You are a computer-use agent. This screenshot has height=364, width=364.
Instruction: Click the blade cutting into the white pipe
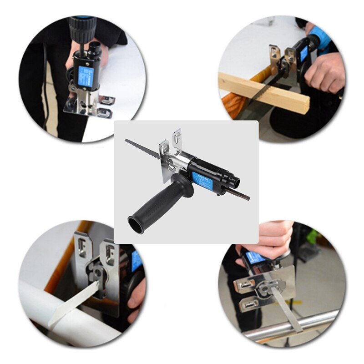[x=75, y=300]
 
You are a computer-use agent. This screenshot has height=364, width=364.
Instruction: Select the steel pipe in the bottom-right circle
[x=291, y=328]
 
